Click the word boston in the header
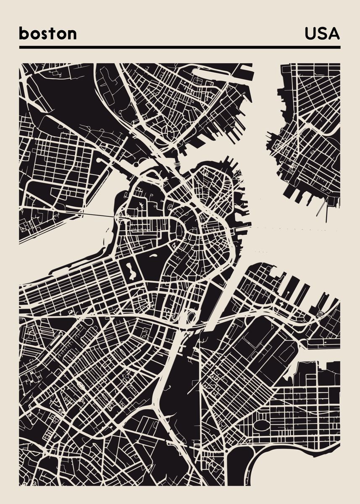(47, 34)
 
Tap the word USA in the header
(322, 34)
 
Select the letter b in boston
(24, 34)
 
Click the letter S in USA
(322, 34)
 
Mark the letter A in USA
(334, 34)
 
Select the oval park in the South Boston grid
(261, 425)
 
